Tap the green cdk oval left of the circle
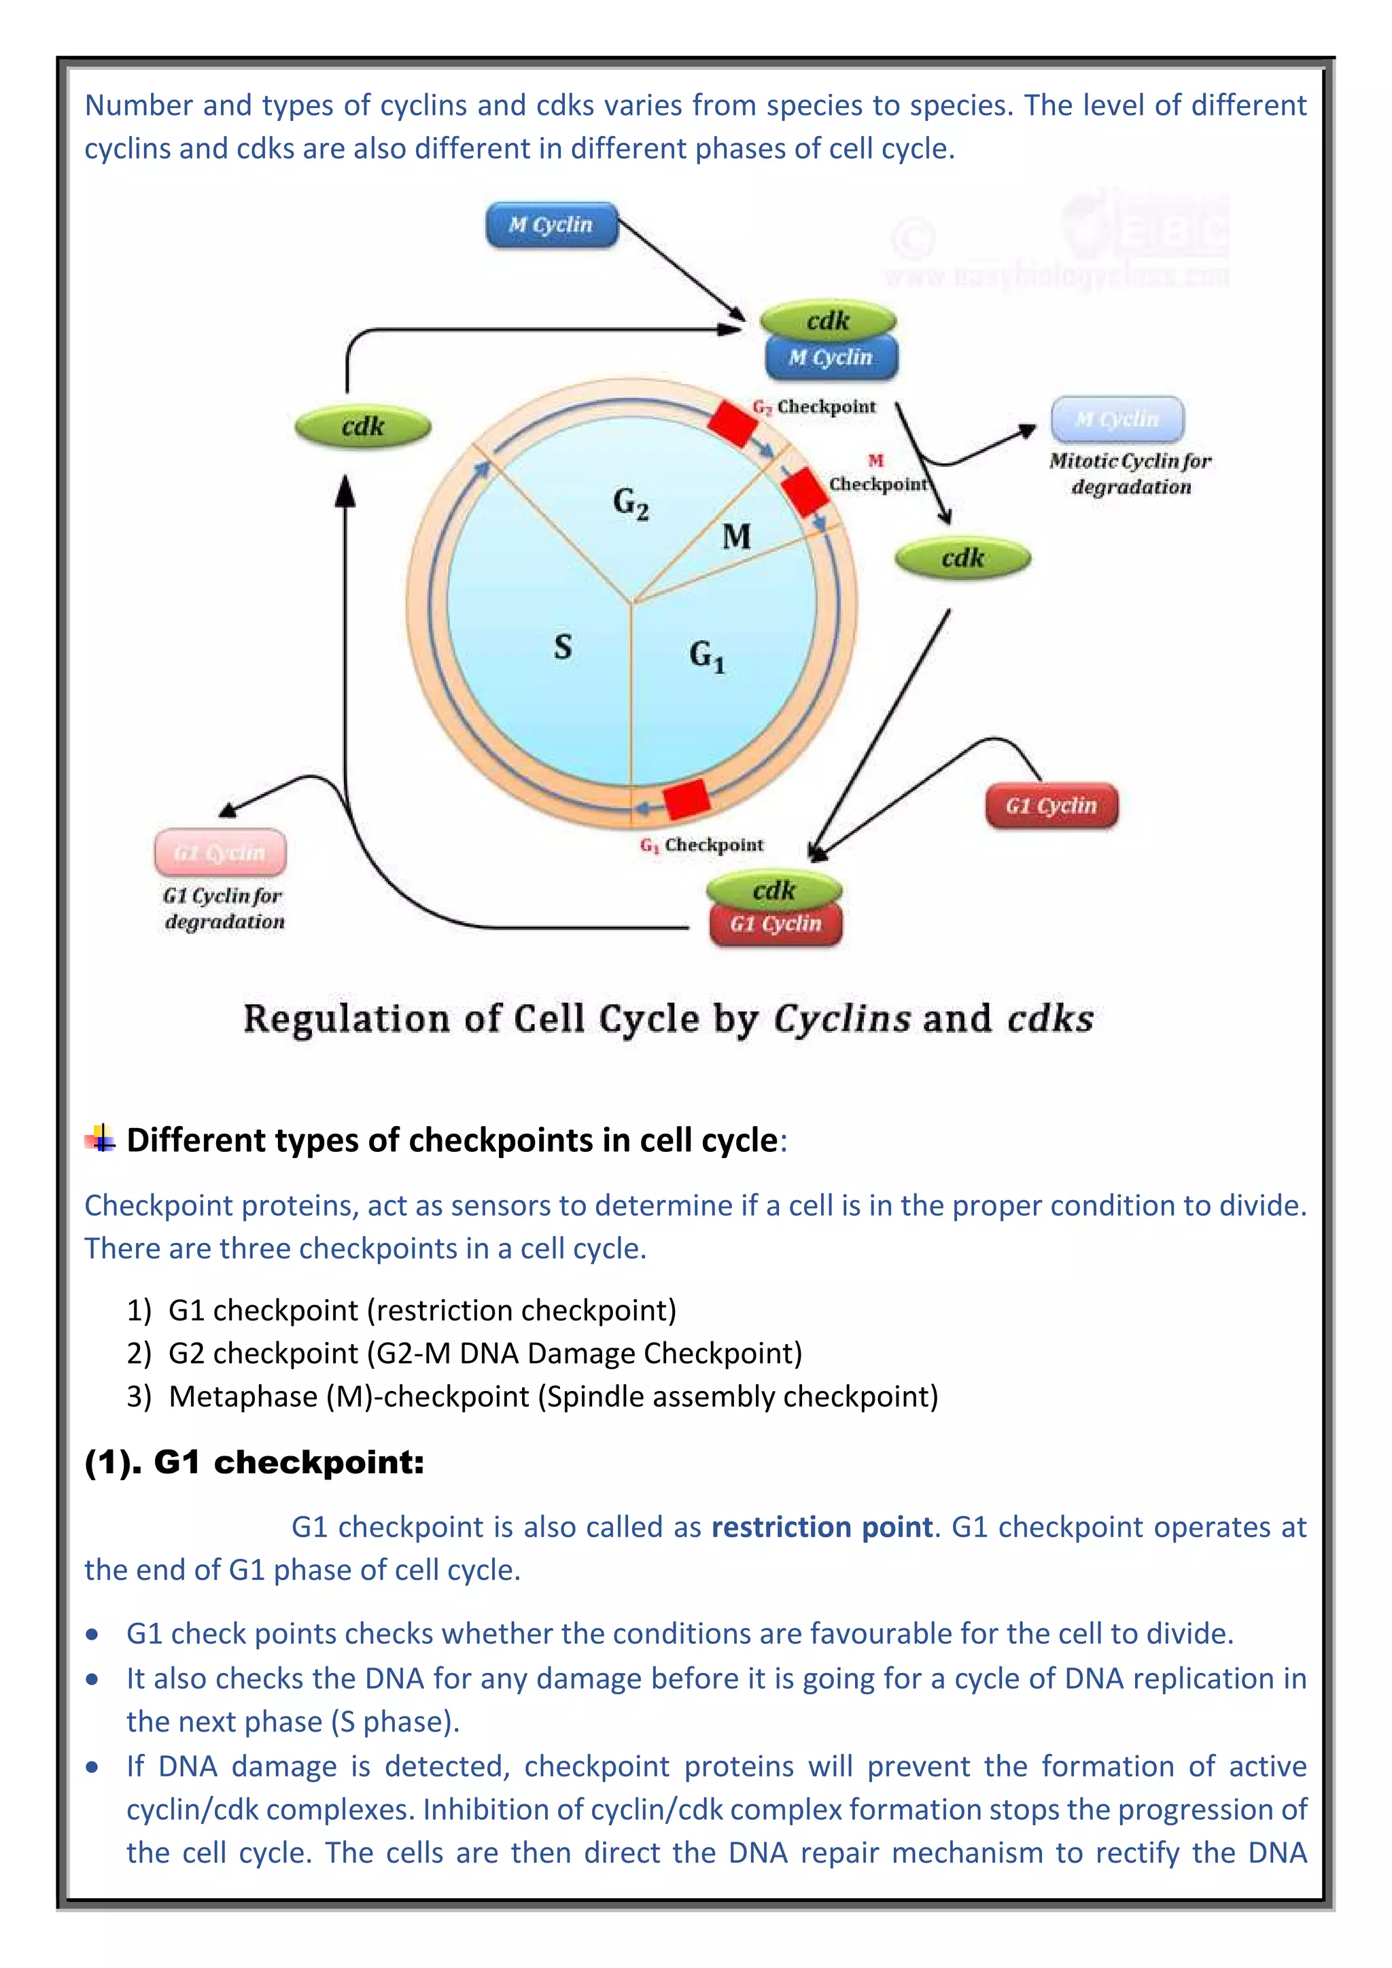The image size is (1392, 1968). click(362, 427)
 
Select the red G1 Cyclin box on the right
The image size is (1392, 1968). click(1051, 807)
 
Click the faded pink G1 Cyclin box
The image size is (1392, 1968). click(220, 853)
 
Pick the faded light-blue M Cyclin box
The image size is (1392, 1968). click(1117, 419)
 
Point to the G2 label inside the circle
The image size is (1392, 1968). click(631, 503)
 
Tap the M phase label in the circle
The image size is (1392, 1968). click(736, 538)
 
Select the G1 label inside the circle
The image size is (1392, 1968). click(706, 656)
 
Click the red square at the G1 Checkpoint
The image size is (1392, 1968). click(686, 799)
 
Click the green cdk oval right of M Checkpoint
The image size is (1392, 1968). click(962, 559)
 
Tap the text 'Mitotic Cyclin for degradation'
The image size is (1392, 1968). click(1130, 474)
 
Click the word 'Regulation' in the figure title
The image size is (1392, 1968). click(346, 1020)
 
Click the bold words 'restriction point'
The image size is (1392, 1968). click(821, 1528)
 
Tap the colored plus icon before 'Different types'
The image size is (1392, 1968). click(101, 1139)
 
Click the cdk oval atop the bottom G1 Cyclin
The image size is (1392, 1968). click(774, 892)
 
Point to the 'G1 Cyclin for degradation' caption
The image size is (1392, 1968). click(224, 909)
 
